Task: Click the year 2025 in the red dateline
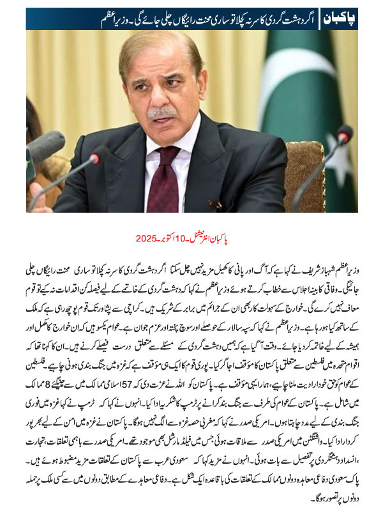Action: [149, 238]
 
